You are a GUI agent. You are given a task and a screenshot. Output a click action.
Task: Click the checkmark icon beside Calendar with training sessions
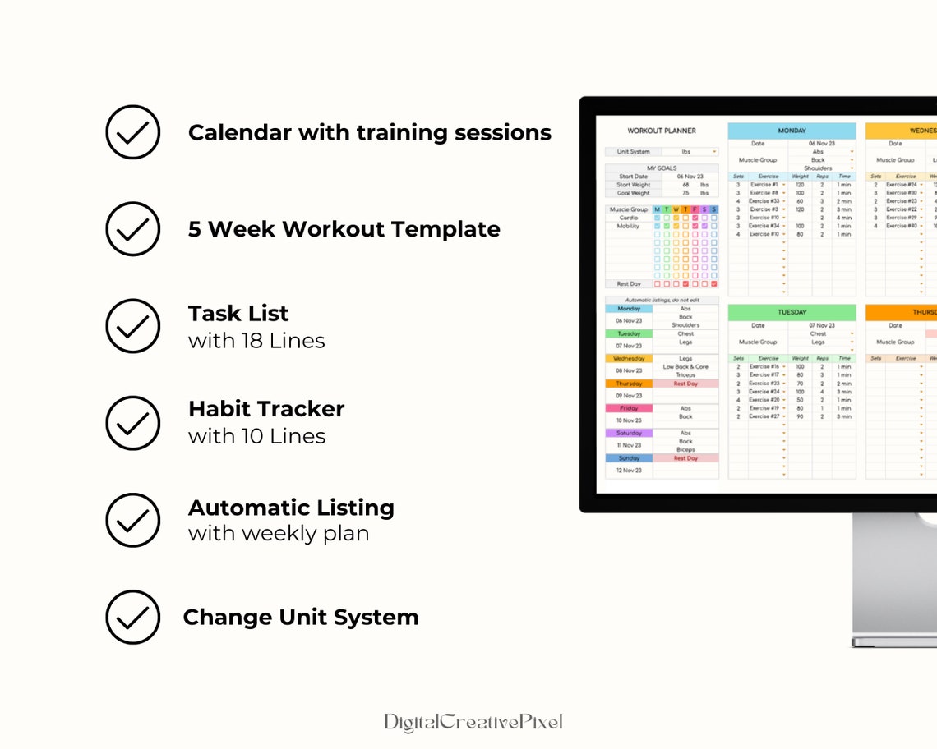coord(132,131)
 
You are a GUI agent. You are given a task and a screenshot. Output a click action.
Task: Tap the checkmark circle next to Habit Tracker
coord(132,423)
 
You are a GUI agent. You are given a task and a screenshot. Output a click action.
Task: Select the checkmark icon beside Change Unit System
coord(132,617)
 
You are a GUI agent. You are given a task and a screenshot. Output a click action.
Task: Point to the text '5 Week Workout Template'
coord(344,229)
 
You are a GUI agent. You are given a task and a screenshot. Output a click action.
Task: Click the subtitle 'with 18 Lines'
coord(256,341)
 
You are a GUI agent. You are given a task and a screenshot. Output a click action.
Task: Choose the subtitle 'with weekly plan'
coord(279,534)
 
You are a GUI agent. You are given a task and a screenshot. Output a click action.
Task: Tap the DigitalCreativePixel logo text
coord(473,722)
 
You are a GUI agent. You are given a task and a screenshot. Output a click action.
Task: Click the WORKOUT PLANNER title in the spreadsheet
coord(662,131)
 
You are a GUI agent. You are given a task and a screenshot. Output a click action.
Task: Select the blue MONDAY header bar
coord(792,131)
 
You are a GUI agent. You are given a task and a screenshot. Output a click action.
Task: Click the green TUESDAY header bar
coord(792,313)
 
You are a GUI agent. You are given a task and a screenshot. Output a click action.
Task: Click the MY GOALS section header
coord(662,168)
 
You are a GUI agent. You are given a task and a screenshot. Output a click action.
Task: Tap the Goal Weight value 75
coord(685,193)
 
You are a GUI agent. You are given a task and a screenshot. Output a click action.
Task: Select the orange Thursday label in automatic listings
coord(629,384)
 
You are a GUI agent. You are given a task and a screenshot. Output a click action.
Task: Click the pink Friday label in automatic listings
coord(629,408)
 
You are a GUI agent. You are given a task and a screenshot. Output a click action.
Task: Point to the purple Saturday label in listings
coord(629,433)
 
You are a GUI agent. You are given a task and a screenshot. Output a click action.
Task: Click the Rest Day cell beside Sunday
coord(685,458)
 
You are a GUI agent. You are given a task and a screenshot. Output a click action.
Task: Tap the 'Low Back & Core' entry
coord(685,367)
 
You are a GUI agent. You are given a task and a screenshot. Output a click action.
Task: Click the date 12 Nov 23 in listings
coord(629,471)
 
